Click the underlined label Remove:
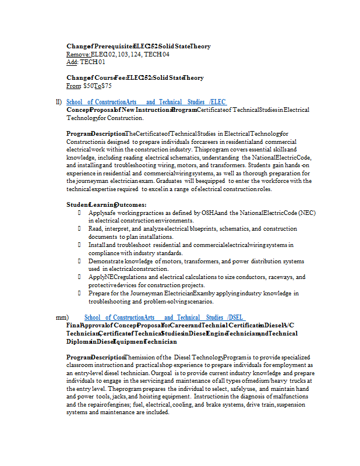coord(78,54)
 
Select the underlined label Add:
coord(72,62)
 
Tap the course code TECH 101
coord(93,62)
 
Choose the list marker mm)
coord(62,317)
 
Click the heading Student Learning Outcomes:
coord(106,204)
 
